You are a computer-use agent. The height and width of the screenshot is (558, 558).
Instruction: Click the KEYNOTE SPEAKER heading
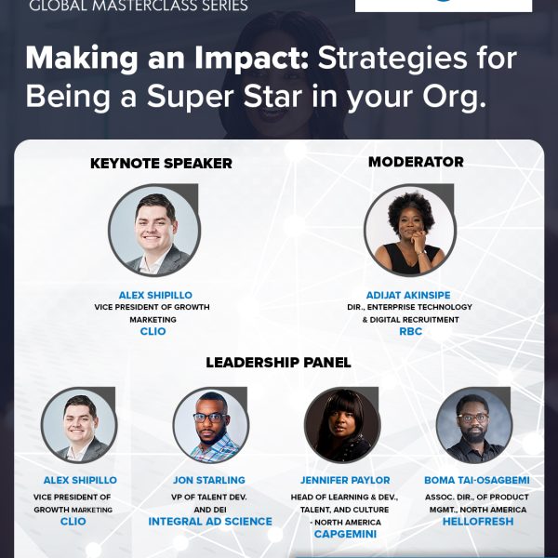click(161, 164)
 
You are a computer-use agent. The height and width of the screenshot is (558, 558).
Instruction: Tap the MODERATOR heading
click(416, 162)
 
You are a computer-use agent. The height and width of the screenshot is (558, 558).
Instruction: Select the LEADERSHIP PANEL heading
click(278, 363)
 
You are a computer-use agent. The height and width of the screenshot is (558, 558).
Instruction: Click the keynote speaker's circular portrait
click(154, 231)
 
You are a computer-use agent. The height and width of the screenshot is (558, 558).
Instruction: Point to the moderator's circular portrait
click(410, 231)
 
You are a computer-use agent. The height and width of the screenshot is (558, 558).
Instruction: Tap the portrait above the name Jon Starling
click(211, 425)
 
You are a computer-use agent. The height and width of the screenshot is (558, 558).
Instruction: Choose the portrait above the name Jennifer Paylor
click(342, 425)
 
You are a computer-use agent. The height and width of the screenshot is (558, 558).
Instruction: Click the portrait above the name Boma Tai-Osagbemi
click(474, 425)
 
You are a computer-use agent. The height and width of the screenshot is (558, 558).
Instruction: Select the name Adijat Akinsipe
click(408, 295)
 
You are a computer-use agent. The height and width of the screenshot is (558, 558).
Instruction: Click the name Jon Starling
click(209, 480)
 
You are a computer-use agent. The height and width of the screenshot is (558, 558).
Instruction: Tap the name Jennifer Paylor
click(345, 480)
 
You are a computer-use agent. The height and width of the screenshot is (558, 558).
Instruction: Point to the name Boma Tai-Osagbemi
click(477, 480)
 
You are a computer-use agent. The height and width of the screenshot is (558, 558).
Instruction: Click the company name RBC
click(411, 331)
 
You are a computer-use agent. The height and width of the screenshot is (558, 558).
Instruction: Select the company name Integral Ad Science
click(210, 522)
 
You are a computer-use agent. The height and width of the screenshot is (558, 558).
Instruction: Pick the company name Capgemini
click(345, 534)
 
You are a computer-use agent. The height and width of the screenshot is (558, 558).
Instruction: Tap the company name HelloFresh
click(478, 522)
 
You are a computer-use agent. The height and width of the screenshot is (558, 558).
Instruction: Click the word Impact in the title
click(251, 59)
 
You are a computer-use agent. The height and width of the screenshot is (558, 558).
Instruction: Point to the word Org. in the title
click(455, 97)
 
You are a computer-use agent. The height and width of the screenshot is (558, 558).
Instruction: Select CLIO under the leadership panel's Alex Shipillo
click(73, 522)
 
